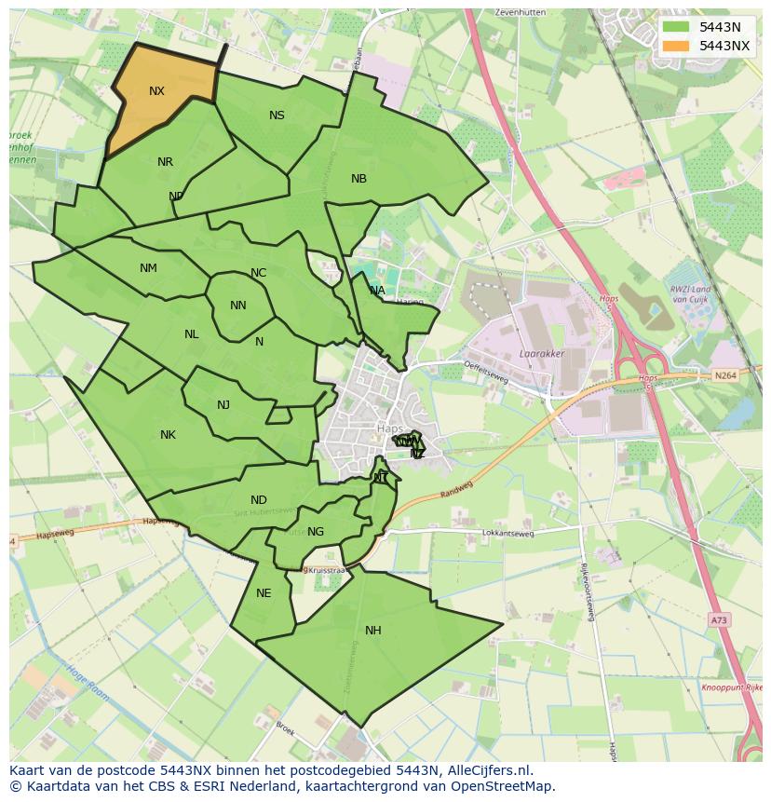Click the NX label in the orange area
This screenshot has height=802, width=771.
(x=156, y=91)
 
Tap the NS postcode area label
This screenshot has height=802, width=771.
(x=277, y=116)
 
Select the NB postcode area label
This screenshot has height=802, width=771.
(x=358, y=179)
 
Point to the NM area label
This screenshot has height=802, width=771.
(x=148, y=268)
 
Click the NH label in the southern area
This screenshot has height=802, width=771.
(x=372, y=631)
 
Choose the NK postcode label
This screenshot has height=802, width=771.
(x=168, y=435)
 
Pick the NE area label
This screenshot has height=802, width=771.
(x=264, y=593)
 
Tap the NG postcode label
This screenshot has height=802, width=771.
(x=316, y=532)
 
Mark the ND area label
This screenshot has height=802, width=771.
(x=259, y=500)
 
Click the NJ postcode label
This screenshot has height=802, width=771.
(x=223, y=405)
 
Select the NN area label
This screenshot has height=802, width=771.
(x=237, y=306)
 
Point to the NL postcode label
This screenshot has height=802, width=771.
(x=191, y=334)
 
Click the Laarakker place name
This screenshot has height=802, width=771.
(x=540, y=354)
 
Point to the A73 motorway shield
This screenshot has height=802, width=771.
(x=717, y=618)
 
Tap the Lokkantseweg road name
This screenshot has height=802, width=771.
(x=508, y=534)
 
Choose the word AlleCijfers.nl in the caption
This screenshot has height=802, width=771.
(x=486, y=770)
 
